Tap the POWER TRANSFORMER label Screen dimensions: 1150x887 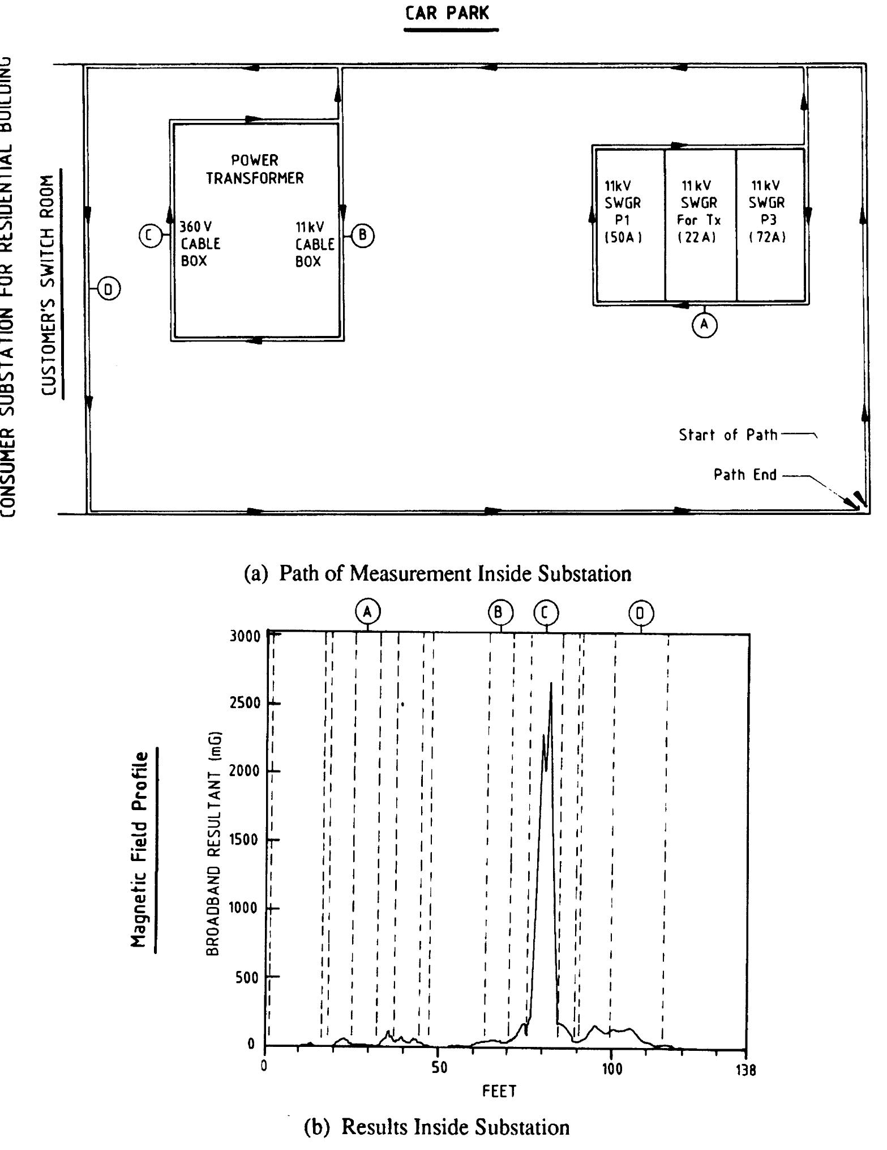point(255,169)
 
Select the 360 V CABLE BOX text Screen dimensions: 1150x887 point(200,244)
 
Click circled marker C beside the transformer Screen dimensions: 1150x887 point(150,235)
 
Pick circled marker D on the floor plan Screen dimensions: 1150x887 point(109,289)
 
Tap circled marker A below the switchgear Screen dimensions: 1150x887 point(704,325)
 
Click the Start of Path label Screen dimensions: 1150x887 point(728,435)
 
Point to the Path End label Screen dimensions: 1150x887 point(745,474)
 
